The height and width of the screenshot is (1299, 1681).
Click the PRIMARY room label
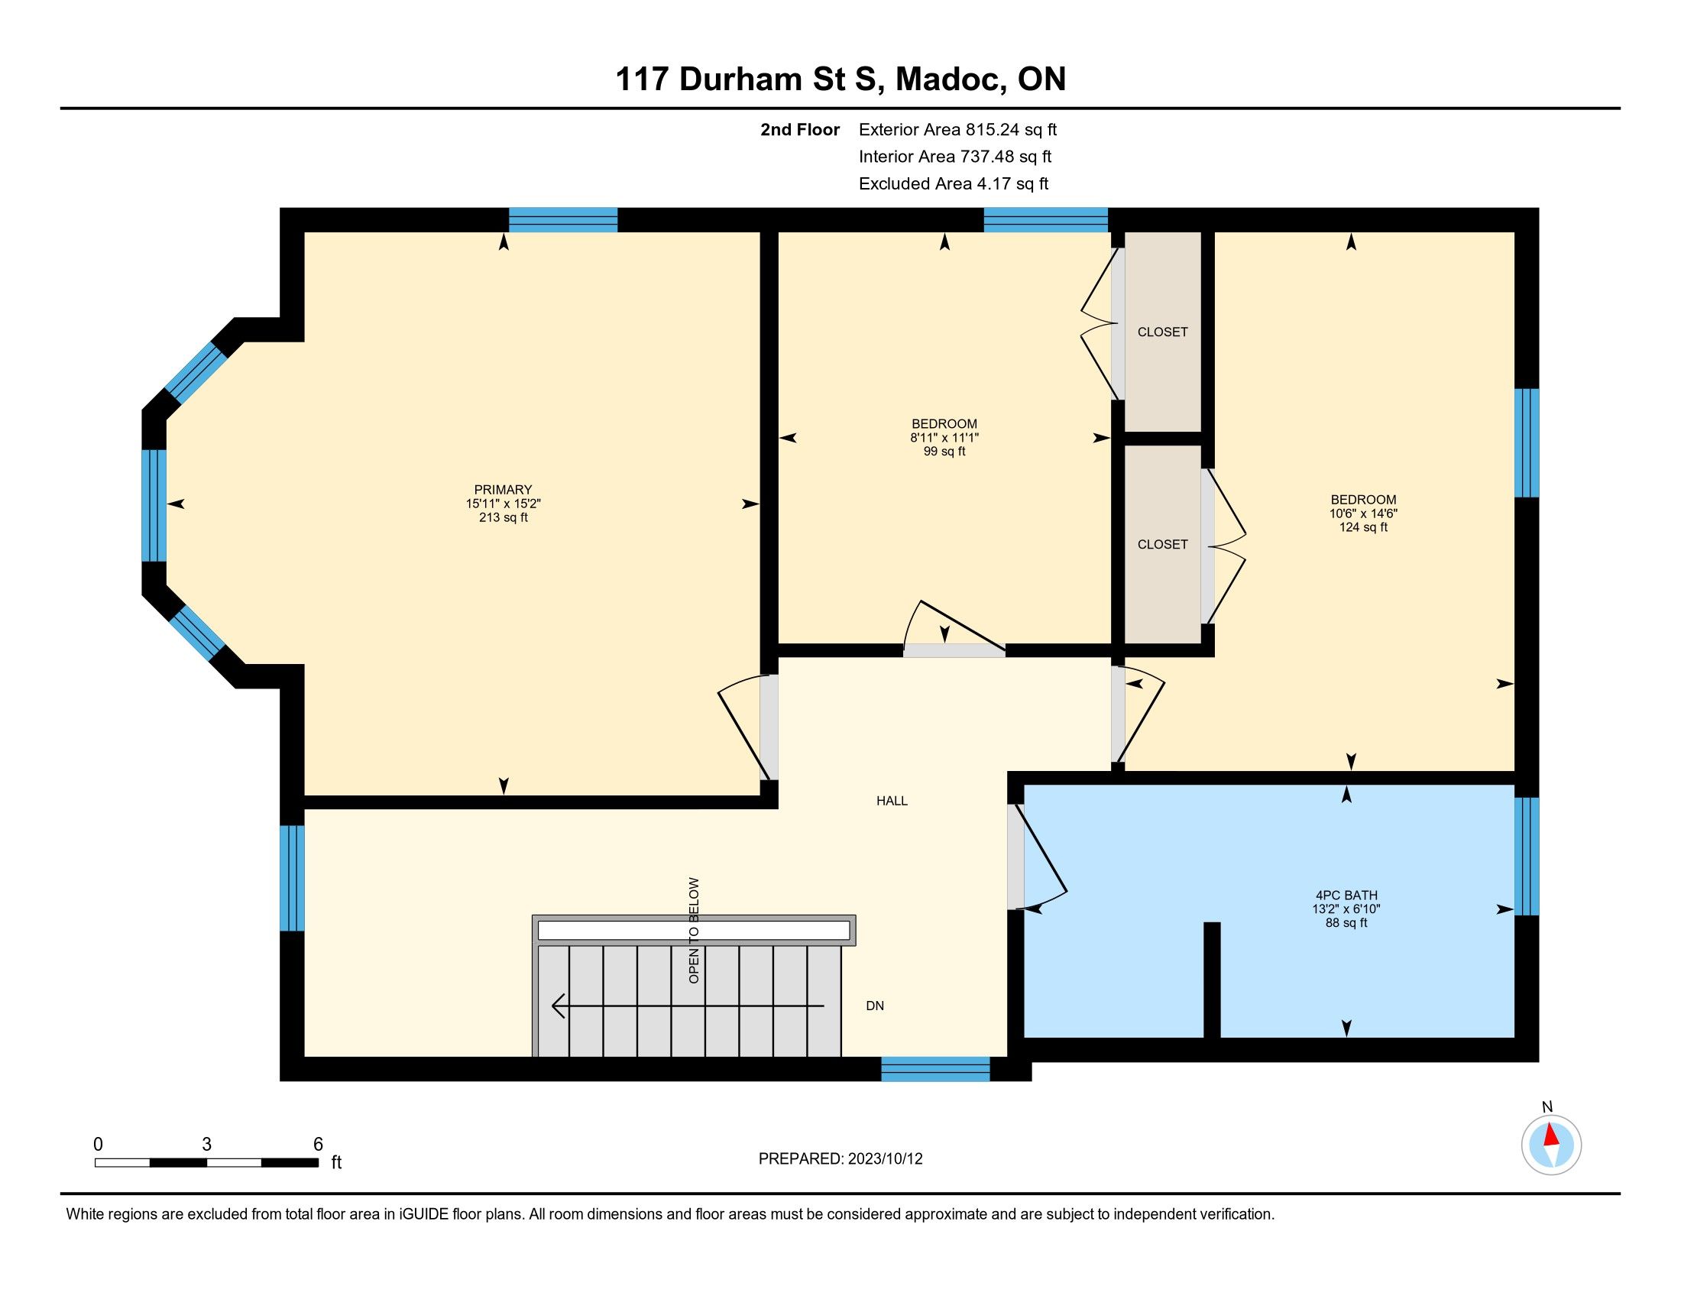click(x=503, y=490)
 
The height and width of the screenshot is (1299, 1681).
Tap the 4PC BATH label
click(x=1346, y=895)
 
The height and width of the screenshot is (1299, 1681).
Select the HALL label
click(x=892, y=800)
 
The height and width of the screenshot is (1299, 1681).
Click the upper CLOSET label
click(x=1162, y=332)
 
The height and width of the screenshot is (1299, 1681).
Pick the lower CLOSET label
click(x=1162, y=544)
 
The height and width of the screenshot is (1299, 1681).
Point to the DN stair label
click(x=875, y=1006)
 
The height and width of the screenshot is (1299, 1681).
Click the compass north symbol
click(x=1551, y=1145)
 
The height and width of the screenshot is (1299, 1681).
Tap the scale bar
click(x=206, y=1162)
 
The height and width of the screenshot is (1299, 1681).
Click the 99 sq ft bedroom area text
click(x=944, y=452)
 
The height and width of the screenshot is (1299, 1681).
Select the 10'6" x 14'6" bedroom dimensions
click(x=1363, y=513)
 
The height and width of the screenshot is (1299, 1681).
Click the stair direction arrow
click(x=688, y=1006)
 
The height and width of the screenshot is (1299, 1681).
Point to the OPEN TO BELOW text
click(x=695, y=931)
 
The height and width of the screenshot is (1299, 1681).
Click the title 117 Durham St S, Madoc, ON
click(x=840, y=79)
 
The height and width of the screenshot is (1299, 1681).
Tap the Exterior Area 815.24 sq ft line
click(x=957, y=129)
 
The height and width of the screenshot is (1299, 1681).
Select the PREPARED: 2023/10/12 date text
click(x=840, y=1159)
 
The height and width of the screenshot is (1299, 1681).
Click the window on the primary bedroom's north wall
click(x=562, y=220)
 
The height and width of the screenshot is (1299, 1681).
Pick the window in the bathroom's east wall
click(x=1527, y=856)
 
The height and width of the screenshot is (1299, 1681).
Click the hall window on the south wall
click(x=935, y=1070)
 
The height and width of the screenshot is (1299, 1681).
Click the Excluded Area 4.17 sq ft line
click(x=954, y=183)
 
